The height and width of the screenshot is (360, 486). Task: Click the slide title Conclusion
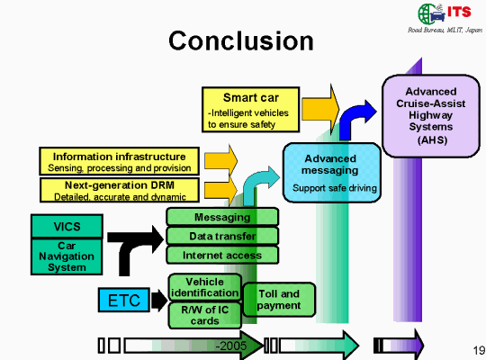click(241, 40)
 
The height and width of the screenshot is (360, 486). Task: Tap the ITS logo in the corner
click(445, 14)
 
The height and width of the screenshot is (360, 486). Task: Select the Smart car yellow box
click(250, 110)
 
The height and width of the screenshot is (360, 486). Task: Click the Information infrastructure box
click(120, 161)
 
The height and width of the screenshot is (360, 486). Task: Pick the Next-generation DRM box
click(120, 190)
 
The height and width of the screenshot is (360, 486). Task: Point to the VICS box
click(67, 226)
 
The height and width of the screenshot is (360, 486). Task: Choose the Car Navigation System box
click(67, 256)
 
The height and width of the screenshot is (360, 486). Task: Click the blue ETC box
click(124, 300)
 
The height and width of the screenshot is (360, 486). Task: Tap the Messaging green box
click(222, 217)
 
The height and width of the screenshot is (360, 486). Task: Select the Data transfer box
click(222, 236)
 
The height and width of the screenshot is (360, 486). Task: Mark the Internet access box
click(222, 255)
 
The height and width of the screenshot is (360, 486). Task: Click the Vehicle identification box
click(205, 287)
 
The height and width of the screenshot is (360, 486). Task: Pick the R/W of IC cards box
click(205, 315)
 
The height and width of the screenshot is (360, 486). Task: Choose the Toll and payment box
click(279, 300)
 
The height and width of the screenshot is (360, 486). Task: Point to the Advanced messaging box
click(331, 173)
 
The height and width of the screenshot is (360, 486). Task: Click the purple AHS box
click(431, 116)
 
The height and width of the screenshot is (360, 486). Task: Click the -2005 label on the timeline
click(231, 346)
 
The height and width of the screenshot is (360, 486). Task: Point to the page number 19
click(479, 350)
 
